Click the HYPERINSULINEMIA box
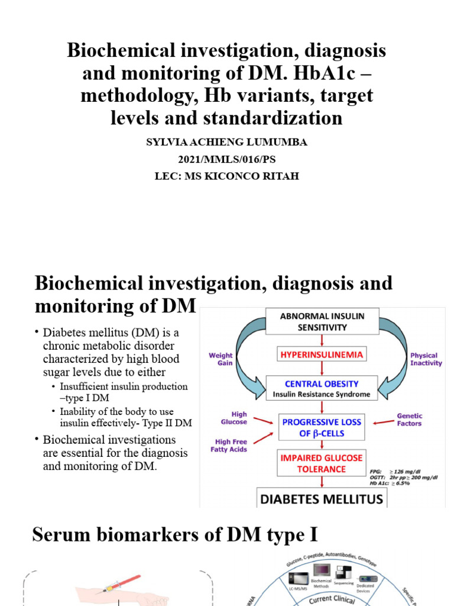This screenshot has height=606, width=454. (322, 354)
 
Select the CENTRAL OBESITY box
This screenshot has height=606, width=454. (322, 388)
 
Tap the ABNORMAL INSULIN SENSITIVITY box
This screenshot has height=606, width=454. (322, 321)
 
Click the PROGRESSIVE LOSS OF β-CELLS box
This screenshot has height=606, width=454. (322, 428)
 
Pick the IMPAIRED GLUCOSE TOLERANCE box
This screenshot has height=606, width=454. (322, 463)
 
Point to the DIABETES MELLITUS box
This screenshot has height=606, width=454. (322, 498)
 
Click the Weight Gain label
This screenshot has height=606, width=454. (220, 359)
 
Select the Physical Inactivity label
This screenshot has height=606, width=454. (426, 359)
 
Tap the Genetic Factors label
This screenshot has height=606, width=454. (409, 420)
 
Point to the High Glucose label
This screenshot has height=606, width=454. (234, 418)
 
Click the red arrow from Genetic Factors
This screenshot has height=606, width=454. (378, 422)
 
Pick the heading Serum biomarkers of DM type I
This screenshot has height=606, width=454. (175, 535)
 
